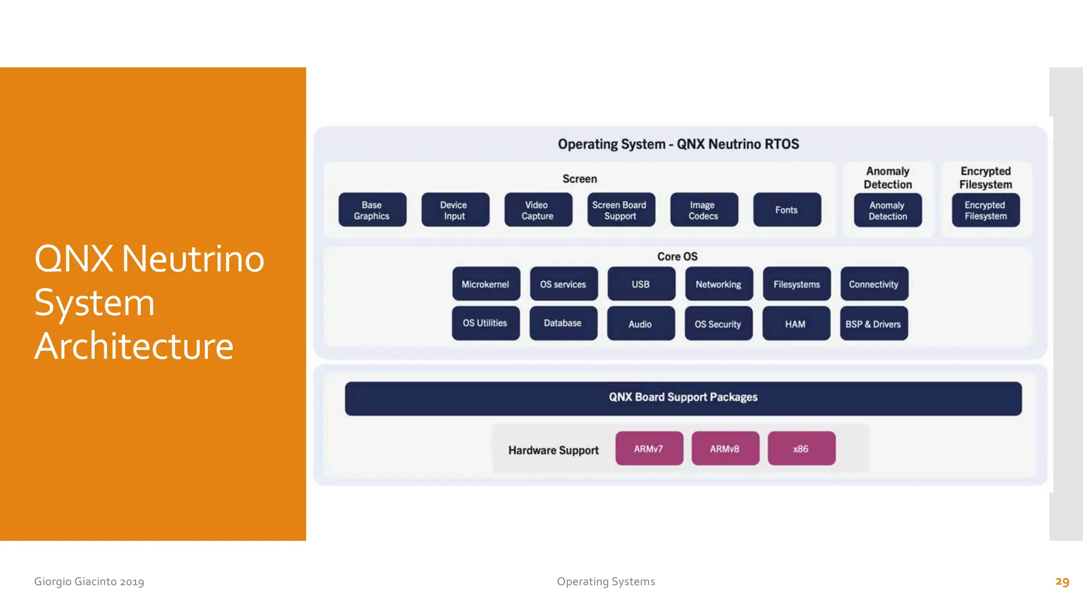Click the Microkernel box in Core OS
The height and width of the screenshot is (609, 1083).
click(x=486, y=284)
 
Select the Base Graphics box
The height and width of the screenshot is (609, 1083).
click(x=372, y=210)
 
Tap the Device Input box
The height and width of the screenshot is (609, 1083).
click(x=455, y=210)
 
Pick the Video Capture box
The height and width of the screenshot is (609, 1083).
click(x=538, y=210)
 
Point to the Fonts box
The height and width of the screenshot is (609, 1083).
click(x=787, y=210)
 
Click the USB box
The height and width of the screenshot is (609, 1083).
click(x=641, y=284)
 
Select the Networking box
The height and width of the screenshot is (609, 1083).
click(x=719, y=284)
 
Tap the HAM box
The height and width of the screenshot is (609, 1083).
click(x=796, y=324)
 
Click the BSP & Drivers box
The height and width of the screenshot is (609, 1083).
click(x=874, y=324)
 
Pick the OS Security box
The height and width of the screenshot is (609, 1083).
click(x=718, y=324)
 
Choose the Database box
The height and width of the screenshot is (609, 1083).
click(x=563, y=323)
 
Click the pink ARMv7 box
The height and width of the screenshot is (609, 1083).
click(x=649, y=448)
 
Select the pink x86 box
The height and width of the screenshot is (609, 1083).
click(x=801, y=448)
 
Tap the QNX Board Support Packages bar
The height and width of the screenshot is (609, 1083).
click(x=683, y=398)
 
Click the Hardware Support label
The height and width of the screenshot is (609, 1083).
click(x=553, y=450)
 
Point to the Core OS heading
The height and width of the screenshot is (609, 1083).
click(x=677, y=256)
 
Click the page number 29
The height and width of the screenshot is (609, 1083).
click(x=1062, y=582)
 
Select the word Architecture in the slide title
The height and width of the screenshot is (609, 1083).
click(x=134, y=346)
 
